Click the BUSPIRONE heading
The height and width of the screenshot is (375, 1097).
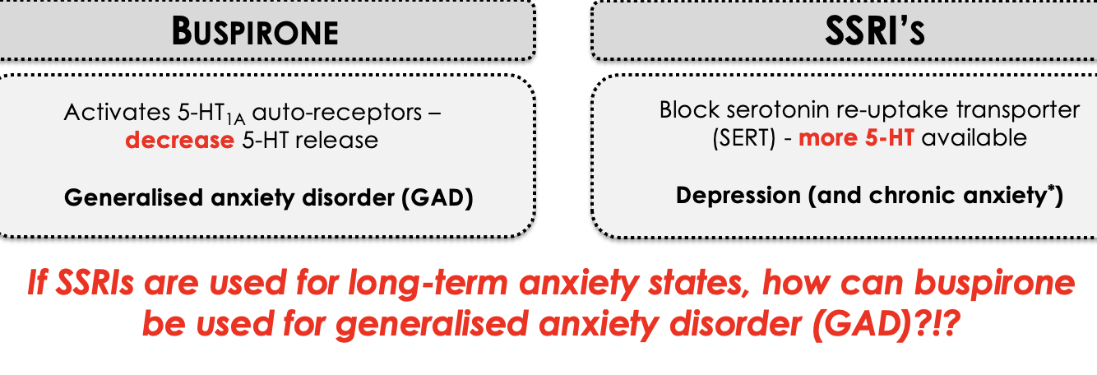pyautogui.click(x=255, y=32)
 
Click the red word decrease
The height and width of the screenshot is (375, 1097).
pyautogui.click(x=179, y=140)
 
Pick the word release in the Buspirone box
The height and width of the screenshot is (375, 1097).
pyautogui.click(x=338, y=140)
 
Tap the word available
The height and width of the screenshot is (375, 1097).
pyautogui.click(x=974, y=137)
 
